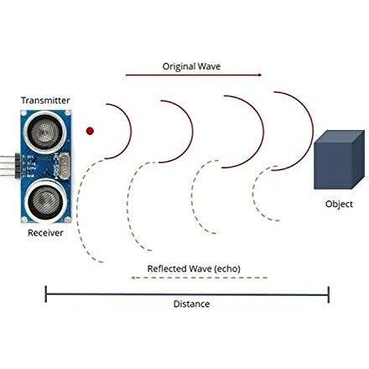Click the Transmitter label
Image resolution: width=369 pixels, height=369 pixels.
pyautogui.click(x=45, y=101)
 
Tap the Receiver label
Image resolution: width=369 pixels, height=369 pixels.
pyautogui.click(x=45, y=233)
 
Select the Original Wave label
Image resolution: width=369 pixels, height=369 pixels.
pyautogui.click(x=191, y=66)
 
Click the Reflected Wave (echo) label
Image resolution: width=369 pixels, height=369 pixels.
pyautogui.click(x=194, y=268)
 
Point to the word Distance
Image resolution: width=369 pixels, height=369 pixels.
pyautogui.click(x=191, y=304)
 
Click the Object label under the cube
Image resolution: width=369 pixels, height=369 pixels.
pyautogui.click(x=339, y=204)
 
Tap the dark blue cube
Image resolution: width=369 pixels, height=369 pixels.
pyautogui.click(x=339, y=160)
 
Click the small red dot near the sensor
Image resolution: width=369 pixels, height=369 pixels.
pyautogui.click(x=90, y=131)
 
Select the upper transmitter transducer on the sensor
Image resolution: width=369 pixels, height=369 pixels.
pyautogui.click(x=45, y=132)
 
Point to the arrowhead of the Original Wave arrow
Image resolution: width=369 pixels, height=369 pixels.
pyautogui.click(x=260, y=75)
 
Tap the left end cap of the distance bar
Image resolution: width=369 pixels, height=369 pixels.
pyautogui.click(x=46, y=294)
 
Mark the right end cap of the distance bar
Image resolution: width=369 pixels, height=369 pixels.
pyautogui.click(x=329, y=294)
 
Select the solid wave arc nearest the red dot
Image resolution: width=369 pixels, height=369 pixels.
pyautogui.click(x=131, y=131)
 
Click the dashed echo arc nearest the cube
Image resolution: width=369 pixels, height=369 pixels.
pyautogui.click(x=252, y=193)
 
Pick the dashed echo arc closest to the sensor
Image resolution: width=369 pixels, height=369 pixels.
pyautogui.click(x=77, y=210)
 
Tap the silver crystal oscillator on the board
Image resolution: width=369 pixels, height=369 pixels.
pyautogui.click(x=65, y=165)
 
